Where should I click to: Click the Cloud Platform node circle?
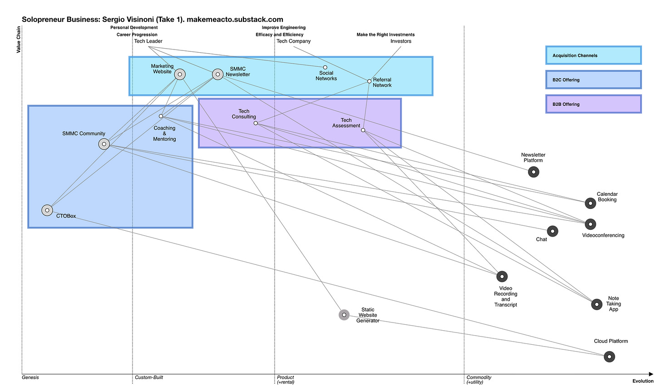click(x=609, y=357)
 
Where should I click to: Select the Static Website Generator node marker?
click(x=344, y=315)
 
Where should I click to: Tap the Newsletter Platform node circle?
click(x=533, y=172)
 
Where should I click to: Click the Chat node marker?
click(x=552, y=231)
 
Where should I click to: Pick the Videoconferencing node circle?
click(x=590, y=224)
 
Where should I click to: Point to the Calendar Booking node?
click(x=590, y=203)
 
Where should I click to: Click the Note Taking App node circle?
click(x=597, y=304)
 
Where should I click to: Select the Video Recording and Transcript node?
click(x=502, y=276)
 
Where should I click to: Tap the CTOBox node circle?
click(x=47, y=210)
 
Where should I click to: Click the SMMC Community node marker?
click(x=104, y=144)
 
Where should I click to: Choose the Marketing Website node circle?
click(x=180, y=74)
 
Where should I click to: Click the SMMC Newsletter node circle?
click(x=218, y=74)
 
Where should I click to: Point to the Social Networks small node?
click(x=325, y=67)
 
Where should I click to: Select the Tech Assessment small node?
click(x=363, y=130)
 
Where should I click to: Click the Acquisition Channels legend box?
click(x=593, y=55)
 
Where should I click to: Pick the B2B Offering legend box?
click(x=593, y=104)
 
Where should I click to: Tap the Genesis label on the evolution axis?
click(x=30, y=377)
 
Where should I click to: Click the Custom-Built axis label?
click(x=149, y=377)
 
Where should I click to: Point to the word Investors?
click(x=401, y=41)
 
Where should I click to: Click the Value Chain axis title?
click(x=19, y=40)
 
